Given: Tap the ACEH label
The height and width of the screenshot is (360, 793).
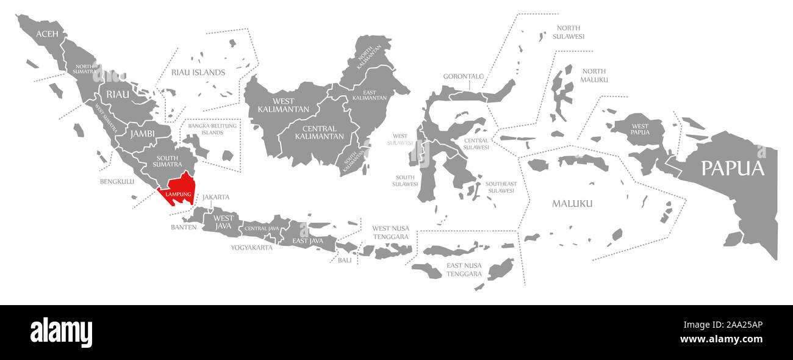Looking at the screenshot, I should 47,34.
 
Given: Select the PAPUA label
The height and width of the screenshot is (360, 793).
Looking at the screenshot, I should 732,168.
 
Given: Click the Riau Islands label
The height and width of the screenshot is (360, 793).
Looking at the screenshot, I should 198,73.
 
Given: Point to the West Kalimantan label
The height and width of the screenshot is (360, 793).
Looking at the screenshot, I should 276,105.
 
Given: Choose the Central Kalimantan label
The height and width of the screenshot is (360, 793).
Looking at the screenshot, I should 319,132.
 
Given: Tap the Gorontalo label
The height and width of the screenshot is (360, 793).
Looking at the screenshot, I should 464,77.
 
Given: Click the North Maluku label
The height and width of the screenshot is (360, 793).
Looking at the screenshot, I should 594,76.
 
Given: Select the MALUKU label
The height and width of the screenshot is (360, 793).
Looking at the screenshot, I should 572,204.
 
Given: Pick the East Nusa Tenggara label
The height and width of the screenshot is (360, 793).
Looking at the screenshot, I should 464,270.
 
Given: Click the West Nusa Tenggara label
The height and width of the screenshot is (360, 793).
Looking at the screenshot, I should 390,232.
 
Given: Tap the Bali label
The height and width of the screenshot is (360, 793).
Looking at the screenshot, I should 345,260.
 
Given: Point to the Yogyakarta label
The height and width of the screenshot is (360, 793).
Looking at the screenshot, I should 251,248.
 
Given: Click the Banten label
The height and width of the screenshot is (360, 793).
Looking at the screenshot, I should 184,227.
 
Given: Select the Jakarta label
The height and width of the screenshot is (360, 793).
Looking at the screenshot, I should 216,197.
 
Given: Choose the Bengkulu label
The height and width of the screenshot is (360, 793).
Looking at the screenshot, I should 117,181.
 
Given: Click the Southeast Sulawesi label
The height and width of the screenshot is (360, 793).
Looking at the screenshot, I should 501,187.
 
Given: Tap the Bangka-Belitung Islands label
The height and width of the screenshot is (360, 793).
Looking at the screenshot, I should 213,129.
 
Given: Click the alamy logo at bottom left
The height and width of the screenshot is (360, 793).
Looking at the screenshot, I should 61,333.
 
